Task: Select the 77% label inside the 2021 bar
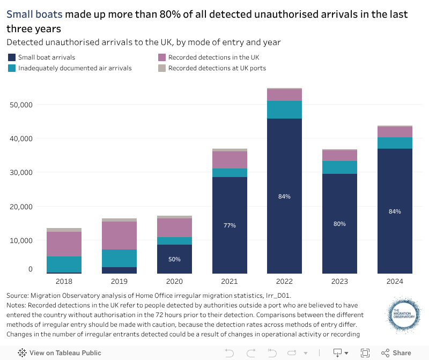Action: [230, 225]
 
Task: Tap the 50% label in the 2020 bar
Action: [174, 259]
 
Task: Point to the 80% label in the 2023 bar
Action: [339, 224]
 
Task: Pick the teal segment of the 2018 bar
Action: [64, 265]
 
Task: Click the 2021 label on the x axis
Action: [230, 281]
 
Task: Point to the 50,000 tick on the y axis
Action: [21, 105]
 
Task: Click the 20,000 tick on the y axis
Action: [21, 207]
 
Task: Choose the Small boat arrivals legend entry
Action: [46, 57]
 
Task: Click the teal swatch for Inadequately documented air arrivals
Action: [12, 68]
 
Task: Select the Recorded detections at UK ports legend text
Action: [217, 68]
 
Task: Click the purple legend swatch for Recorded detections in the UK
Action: [162, 57]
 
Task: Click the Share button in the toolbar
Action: [396, 352]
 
